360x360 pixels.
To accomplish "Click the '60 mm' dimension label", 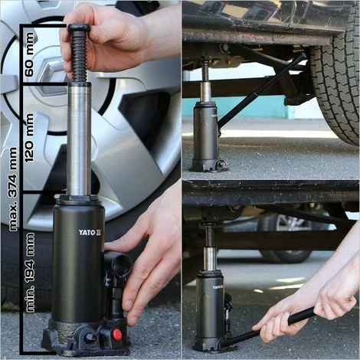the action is tap(29, 54).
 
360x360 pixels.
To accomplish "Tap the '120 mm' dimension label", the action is tap(29, 138).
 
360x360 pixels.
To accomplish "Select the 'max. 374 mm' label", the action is tap(13, 189).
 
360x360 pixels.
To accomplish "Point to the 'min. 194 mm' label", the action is tap(31, 273).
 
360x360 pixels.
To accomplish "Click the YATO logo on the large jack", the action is tap(90, 232).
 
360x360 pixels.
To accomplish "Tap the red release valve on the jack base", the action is tap(117, 335).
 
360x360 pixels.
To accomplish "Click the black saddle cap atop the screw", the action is tap(79, 28).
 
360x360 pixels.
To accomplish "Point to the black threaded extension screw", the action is tap(79, 55).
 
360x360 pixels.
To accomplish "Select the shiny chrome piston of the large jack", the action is tap(79, 139).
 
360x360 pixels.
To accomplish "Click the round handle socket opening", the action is tap(121, 265).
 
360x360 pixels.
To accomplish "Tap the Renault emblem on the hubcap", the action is tap(51, 74).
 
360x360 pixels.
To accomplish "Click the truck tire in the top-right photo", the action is tap(335, 84).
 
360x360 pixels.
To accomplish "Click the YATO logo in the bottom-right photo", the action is tap(218, 287).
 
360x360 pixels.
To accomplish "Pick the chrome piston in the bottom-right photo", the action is tap(210, 259).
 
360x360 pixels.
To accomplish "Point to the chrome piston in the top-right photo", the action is tap(205, 91).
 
